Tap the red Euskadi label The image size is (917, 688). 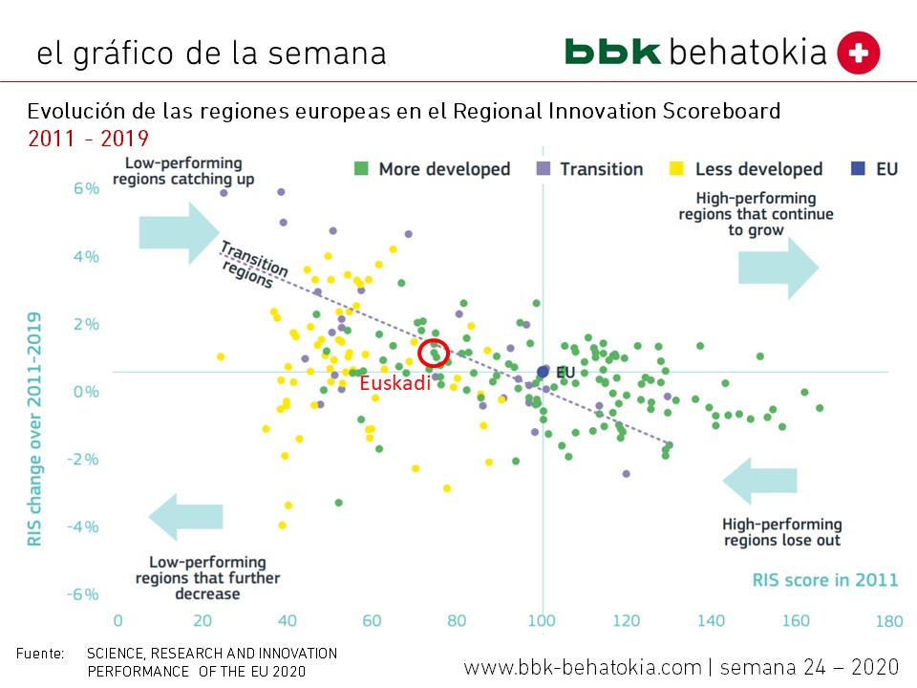point(395,384)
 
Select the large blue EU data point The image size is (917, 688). point(543,371)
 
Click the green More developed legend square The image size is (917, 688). point(361,169)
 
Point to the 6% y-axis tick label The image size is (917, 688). point(85,189)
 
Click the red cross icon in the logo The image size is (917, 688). point(858,52)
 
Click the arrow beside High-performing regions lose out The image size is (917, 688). point(759,481)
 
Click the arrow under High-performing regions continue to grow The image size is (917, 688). point(778,269)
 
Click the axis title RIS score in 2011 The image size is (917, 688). point(824,579)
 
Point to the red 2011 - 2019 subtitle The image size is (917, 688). point(88,139)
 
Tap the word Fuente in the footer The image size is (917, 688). point(40,654)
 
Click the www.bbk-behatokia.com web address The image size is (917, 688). point(583,665)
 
